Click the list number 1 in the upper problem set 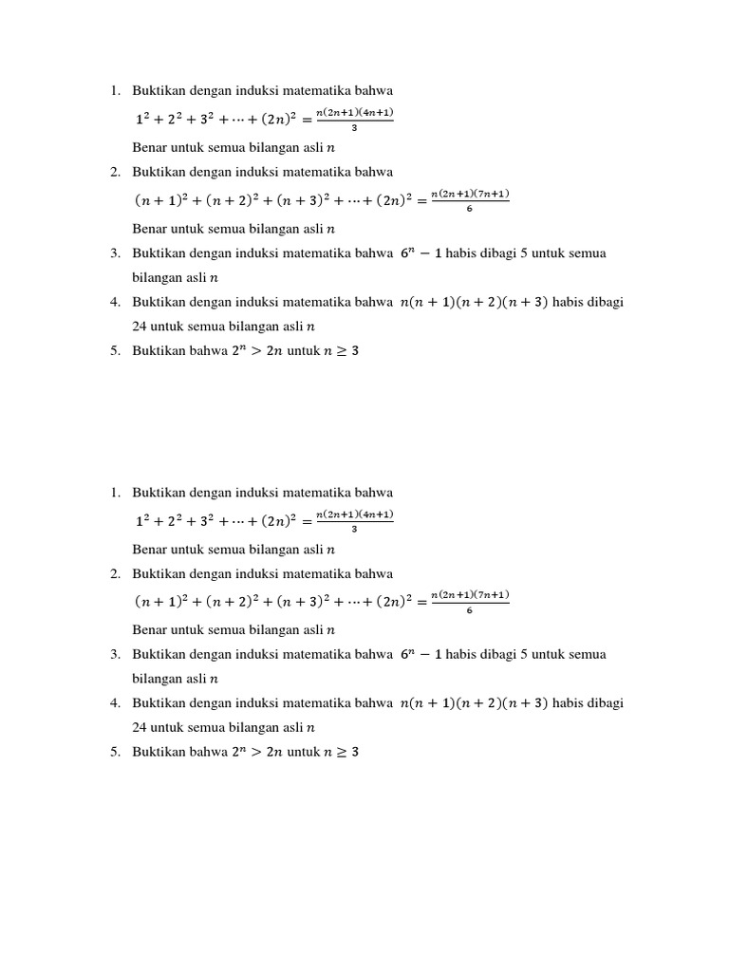pyautogui.click(x=114, y=90)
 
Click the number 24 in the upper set pyautogui.click(x=140, y=326)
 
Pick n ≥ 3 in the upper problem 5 pyautogui.click(x=342, y=350)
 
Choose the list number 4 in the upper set pyautogui.click(x=114, y=302)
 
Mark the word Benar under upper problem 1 pyautogui.click(x=152, y=147)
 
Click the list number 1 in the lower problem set pyautogui.click(x=114, y=493)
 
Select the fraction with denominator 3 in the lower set pyautogui.click(x=354, y=521)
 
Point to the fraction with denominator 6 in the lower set pyautogui.click(x=470, y=602)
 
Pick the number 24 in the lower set pyautogui.click(x=140, y=728)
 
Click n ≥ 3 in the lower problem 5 pyautogui.click(x=342, y=753)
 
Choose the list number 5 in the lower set pyautogui.click(x=114, y=752)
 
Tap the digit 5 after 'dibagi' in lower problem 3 pyautogui.click(x=525, y=654)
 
